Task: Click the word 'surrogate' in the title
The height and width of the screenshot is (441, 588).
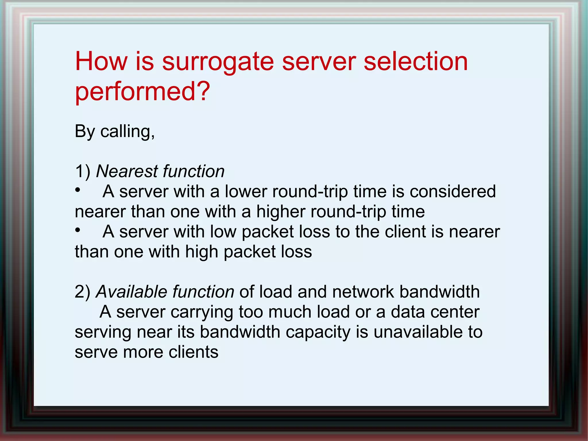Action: pos(218,62)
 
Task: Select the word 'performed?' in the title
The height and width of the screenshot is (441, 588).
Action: pos(142,91)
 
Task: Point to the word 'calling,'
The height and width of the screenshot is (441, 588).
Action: pos(127,132)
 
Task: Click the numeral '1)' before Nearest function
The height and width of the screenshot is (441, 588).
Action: pos(82,172)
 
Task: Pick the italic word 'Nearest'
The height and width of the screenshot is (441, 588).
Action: pos(127,172)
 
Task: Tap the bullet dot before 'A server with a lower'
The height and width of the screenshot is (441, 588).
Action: pos(78,190)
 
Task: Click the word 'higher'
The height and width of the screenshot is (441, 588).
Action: pos(281,212)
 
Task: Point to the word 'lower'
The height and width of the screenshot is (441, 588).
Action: pos(246,192)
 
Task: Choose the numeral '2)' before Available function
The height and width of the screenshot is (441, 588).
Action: pos(82,292)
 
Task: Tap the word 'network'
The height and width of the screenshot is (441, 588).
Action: pos(363,292)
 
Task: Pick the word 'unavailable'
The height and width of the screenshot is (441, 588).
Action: pos(418,332)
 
